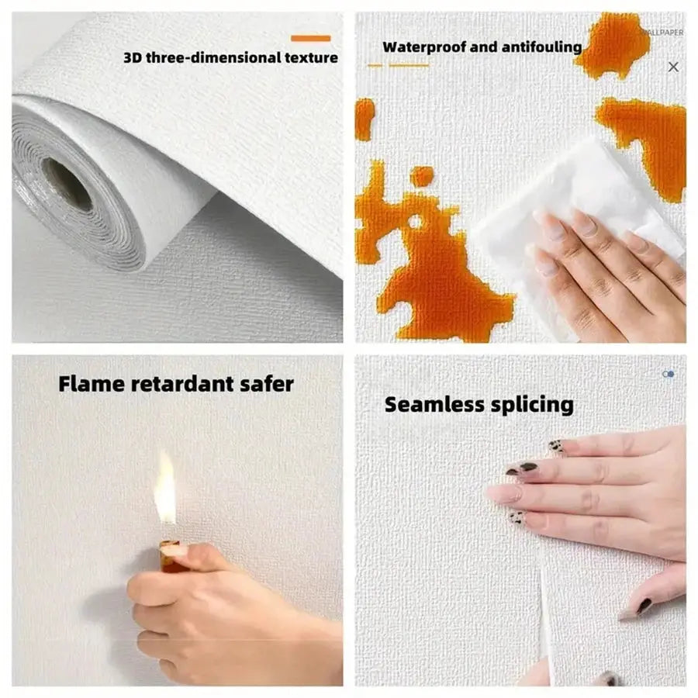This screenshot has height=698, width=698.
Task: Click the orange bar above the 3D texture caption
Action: [x=310, y=38]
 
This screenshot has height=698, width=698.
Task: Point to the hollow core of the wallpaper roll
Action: [x=67, y=184]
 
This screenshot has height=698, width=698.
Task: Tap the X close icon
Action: [x=673, y=67]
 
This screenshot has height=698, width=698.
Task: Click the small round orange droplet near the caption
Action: [x=421, y=177]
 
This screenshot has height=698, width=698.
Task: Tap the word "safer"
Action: [x=269, y=383]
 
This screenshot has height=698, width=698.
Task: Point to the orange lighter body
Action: [x=168, y=557]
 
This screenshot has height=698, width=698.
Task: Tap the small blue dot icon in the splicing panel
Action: [x=669, y=374]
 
